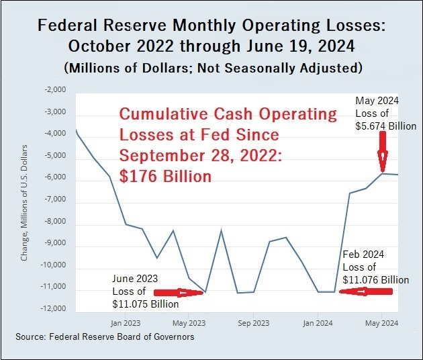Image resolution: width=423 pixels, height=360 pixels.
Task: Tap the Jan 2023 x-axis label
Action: coord(124,322)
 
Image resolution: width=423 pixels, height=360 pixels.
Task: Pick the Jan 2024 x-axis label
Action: coord(318,322)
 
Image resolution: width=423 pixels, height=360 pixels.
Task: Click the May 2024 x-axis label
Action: coord(382,322)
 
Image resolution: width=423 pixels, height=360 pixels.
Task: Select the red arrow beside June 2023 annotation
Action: coord(179,293)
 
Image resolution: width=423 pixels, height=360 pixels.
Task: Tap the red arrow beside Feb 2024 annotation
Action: coord(365,292)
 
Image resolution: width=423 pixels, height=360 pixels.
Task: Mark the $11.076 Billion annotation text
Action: coord(375,279)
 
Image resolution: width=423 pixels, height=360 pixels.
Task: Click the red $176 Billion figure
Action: coord(165,177)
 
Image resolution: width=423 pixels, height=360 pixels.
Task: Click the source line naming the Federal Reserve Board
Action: coord(106,336)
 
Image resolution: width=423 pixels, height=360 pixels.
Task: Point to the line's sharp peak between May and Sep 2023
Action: coord(221,230)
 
